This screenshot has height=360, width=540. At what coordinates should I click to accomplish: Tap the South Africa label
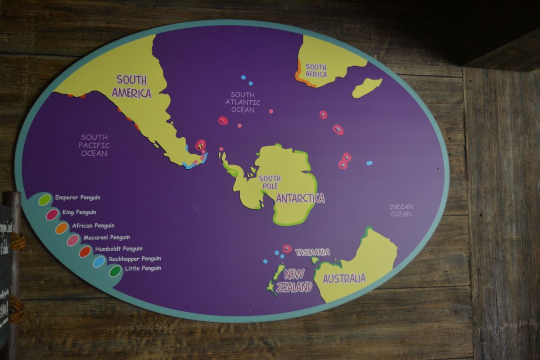pyautogui.click(x=316, y=71)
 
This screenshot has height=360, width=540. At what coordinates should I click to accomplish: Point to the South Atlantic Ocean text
pyautogui.click(x=243, y=102)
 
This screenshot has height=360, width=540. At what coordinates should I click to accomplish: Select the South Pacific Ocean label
pyautogui.click(x=94, y=145)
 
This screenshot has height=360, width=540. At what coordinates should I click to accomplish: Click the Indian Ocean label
pyautogui.click(x=401, y=210)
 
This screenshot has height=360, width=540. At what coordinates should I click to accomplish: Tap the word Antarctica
pyautogui.click(x=300, y=198)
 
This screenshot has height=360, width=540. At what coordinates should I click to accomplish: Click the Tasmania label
pyautogui.click(x=312, y=252)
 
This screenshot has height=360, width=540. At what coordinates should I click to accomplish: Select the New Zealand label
pyautogui.click(x=294, y=281)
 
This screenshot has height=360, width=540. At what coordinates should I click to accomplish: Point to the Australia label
pyautogui.click(x=344, y=279)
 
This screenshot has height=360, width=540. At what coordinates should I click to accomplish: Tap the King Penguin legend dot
pyautogui.click(x=52, y=214)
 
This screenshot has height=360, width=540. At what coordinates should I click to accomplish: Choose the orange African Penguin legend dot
pyautogui.click(x=62, y=228)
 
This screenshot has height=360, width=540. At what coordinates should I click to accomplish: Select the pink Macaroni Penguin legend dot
pyautogui.click(x=73, y=240)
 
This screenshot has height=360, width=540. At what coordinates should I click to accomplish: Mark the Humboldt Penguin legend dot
pyautogui.click(x=85, y=251)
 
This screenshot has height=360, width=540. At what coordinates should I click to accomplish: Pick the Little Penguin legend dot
pyautogui.click(x=115, y=271)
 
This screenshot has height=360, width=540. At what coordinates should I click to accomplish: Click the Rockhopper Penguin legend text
pyautogui.click(x=135, y=259)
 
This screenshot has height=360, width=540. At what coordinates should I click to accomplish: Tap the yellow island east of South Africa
pyautogui.click(x=367, y=87)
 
